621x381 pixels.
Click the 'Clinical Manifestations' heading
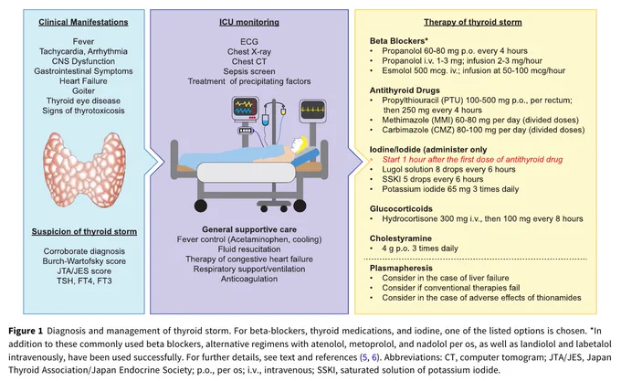coord(83,22)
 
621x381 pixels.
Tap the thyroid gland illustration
coord(84,170)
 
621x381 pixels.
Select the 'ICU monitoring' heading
coord(249,22)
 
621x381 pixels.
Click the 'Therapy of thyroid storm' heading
coord(472,22)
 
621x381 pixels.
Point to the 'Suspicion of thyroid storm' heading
coord(84,232)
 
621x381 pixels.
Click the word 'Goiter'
coord(83,90)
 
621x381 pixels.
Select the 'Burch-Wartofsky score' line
coord(84,261)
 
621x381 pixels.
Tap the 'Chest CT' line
coord(249,61)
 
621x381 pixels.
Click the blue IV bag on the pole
coord(266,119)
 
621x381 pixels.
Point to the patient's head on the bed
coord(299,143)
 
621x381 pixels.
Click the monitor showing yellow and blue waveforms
coord(245,108)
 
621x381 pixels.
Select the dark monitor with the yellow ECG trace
coord(312,110)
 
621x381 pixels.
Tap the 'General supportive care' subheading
coord(249,229)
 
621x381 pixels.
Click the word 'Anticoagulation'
coord(249,279)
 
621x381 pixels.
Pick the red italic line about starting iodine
coord(472,160)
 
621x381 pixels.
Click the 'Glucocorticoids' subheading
coord(401,208)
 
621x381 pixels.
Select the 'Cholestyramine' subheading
coord(400,238)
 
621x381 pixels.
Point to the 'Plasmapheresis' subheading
coord(401,268)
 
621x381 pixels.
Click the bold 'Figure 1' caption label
coord(26,331)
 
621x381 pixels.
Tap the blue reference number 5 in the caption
coord(364,357)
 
